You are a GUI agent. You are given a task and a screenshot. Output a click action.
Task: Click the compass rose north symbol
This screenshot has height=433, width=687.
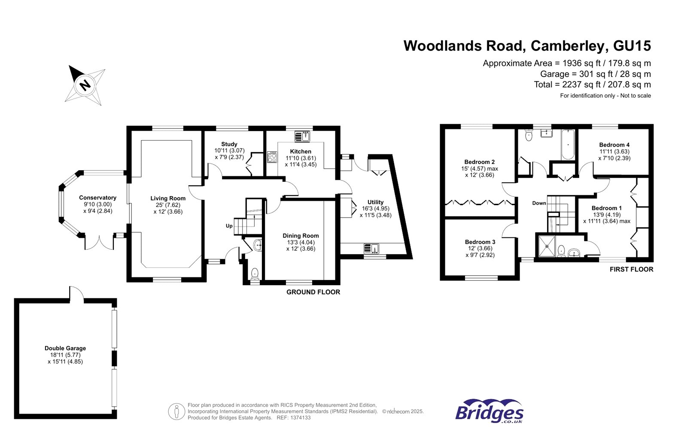click(85, 85)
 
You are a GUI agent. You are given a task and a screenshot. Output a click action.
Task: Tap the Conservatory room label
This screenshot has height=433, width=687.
click(97, 198)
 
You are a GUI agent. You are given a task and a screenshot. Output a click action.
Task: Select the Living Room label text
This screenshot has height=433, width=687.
click(168, 198)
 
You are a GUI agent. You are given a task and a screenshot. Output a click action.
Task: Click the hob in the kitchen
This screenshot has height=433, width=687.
click(272, 157)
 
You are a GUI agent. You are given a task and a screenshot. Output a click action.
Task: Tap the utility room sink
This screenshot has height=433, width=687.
click(371, 249)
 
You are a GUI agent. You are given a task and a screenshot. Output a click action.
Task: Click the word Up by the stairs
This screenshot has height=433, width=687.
click(229, 226)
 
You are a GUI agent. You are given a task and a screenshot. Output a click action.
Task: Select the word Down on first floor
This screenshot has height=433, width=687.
click(539, 203)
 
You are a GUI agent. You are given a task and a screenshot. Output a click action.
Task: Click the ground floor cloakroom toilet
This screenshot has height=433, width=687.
click(255, 273)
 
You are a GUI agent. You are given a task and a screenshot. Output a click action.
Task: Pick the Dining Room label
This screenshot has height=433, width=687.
click(301, 236)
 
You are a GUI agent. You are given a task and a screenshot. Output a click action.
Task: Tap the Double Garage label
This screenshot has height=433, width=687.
click(65, 348)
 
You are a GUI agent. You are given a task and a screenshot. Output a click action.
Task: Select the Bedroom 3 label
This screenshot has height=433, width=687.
click(480, 242)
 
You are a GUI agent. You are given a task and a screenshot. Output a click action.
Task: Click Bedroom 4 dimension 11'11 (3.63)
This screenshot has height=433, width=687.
click(614, 151)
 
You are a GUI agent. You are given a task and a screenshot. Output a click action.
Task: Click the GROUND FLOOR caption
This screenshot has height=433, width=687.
click(313, 292)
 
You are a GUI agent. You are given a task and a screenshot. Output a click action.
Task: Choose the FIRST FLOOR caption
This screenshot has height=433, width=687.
click(631, 269)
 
